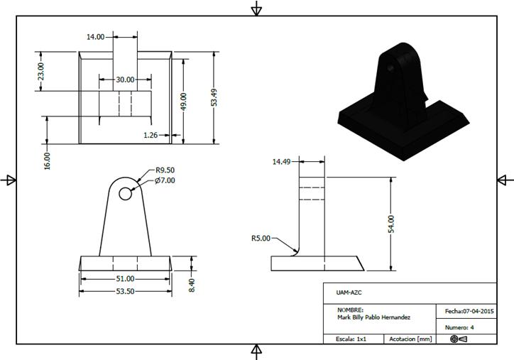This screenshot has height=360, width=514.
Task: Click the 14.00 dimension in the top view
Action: point(96,36)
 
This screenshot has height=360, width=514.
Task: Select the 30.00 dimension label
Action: point(126,80)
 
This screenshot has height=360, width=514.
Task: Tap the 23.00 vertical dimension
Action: point(41,71)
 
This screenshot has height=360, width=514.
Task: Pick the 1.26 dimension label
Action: point(151,134)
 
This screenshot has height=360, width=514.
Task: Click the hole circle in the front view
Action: point(126,192)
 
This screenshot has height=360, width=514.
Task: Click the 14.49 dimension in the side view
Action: point(282,162)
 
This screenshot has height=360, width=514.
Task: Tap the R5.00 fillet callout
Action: point(261,239)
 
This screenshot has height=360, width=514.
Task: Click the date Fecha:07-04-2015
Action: point(469,311)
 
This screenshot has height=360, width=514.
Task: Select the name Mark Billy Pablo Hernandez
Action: point(374,317)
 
